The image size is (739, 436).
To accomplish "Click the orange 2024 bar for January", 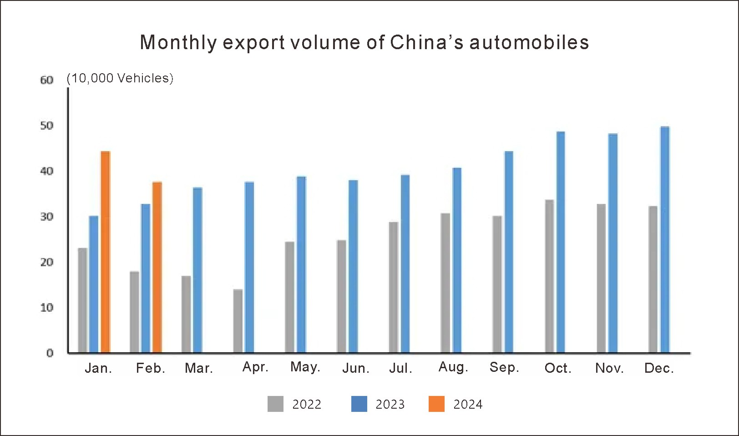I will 105,252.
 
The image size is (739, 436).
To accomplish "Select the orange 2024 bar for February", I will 157,267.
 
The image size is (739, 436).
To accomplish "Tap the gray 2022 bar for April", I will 238,321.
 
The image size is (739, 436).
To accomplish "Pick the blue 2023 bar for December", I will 665,240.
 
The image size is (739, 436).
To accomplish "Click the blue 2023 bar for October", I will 561,242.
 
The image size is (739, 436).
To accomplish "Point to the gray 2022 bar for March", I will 186,314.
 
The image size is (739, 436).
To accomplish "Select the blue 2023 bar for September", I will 509,252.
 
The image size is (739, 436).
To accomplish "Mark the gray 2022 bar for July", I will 393,287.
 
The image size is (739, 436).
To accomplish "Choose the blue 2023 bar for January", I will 94,284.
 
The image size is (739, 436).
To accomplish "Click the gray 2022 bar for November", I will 601,278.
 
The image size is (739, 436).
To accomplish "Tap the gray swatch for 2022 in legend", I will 275,404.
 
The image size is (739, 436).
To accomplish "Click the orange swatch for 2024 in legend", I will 436,404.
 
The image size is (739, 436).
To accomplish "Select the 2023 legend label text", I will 390,404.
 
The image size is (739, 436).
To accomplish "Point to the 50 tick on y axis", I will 46,126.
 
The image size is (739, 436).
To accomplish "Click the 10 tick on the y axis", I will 46,308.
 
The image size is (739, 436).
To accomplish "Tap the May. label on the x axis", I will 305,367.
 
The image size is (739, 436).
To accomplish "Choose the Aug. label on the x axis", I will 453,367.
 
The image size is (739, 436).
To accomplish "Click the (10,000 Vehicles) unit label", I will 120,78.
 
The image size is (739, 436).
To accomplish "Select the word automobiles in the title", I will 529,42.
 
